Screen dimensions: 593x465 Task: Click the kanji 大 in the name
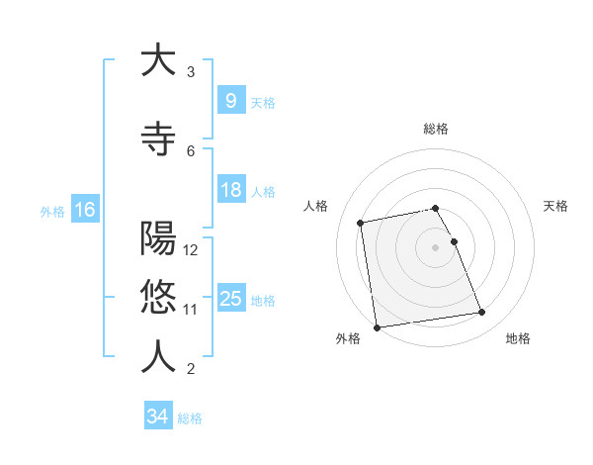158,60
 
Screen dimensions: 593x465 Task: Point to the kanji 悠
158,297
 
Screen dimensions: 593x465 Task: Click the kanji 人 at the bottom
158,357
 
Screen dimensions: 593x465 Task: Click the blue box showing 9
230,100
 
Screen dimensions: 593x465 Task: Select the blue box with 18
230,190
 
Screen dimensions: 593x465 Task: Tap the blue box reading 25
230,299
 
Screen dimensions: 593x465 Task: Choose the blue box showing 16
84,210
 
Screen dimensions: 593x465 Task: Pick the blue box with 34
157,417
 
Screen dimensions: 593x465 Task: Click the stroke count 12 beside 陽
192,249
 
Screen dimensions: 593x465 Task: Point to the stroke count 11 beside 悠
191,309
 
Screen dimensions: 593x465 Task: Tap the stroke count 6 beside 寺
191,150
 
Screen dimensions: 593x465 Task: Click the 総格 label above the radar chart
436,129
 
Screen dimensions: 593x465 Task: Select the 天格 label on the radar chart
556,206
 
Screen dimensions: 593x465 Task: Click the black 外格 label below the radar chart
348,339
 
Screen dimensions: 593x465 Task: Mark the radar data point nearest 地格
481,313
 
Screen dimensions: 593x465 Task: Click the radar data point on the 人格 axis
361,223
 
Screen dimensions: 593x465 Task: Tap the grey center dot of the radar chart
436,246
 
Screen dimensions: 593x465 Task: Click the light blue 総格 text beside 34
190,418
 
